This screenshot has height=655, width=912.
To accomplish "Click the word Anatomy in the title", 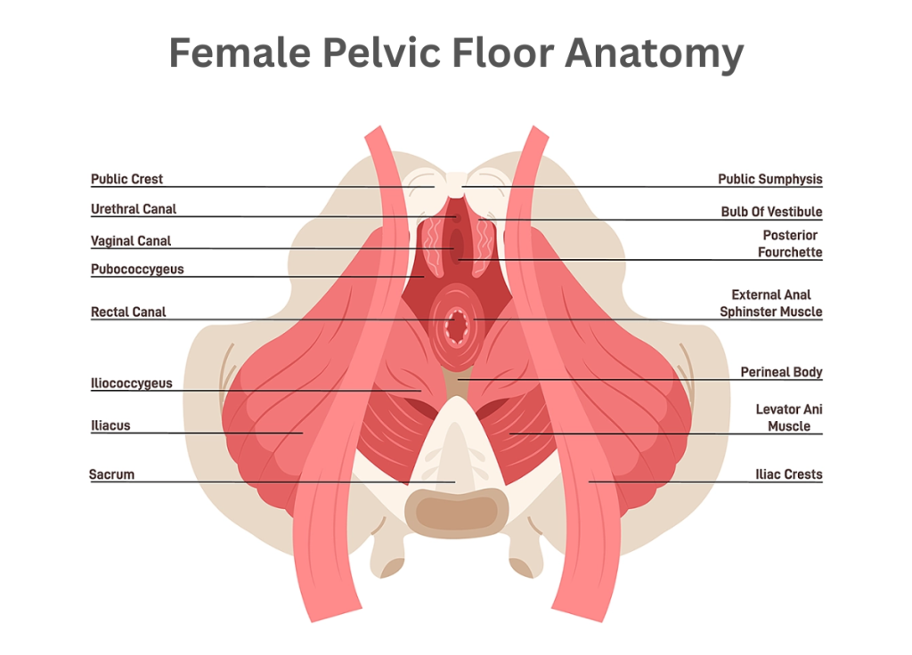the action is pyautogui.click(x=655, y=53).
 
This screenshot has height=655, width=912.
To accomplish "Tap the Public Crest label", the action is pyautogui.click(x=126, y=179).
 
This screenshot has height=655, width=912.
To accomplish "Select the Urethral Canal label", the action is pyautogui.click(x=134, y=209).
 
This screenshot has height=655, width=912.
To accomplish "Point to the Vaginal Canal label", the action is pyautogui.click(x=131, y=241).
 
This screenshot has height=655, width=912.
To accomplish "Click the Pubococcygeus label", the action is pyautogui.click(x=137, y=270).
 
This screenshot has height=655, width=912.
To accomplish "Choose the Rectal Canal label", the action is pyautogui.click(x=128, y=312).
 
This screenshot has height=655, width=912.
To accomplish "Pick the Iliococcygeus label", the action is pyautogui.click(x=132, y=384).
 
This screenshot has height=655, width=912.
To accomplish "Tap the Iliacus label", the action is pyautogui.click(x=110, y=425).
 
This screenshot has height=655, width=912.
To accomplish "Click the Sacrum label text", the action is pyautogui.click(x=111, y=474).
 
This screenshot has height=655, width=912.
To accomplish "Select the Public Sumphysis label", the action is pyautogui.click(x=770, y=179).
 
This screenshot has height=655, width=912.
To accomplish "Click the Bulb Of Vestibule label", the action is pyautogui.click(x=772, y=212).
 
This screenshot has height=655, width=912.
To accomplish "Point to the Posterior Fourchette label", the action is pyautogui.click(x=790, y=244).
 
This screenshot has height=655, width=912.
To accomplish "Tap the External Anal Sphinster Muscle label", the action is pyautogui.click(x=771, y=303).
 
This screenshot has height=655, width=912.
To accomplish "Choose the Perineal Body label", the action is pyautogui.click(x=781, y=372).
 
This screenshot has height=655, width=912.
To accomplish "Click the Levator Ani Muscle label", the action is pyautogui.click(x=789, y=418).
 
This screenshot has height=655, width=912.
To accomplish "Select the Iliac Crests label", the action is pyautogui.click(x=789, y=474).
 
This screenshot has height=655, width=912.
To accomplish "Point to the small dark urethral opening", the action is pyautogui.click(x=457, y=219).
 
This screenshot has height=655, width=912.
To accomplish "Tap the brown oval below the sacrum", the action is pyautogui.click(x=457, y=513).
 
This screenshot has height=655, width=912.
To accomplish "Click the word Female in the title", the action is pyautogui.click(x=240, y=53).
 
